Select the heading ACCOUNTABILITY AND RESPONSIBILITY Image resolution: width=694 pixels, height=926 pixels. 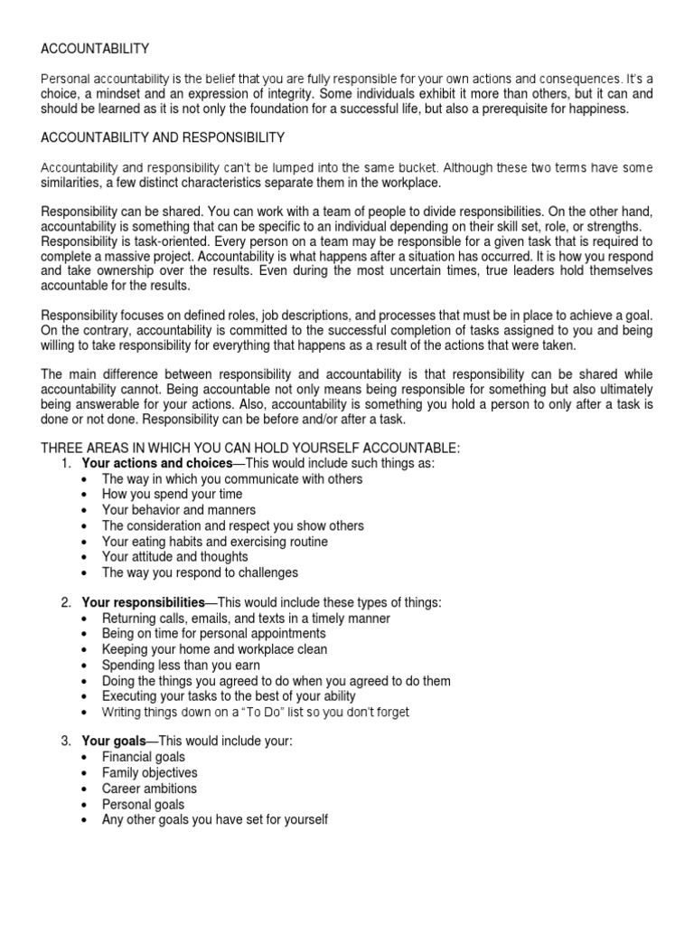[163, 137]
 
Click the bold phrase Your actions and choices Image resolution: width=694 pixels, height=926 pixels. [157, 463]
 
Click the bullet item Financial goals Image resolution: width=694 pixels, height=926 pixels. [143, 758]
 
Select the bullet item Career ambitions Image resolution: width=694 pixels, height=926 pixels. [149, 789]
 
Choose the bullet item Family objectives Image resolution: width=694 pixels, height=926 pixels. [149, 773]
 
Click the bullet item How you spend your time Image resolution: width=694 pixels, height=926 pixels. [172, 495]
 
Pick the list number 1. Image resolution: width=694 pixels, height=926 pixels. [65, 463]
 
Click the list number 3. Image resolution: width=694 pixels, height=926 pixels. [65, 742]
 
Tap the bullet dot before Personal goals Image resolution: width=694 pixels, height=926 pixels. [84, 805]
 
